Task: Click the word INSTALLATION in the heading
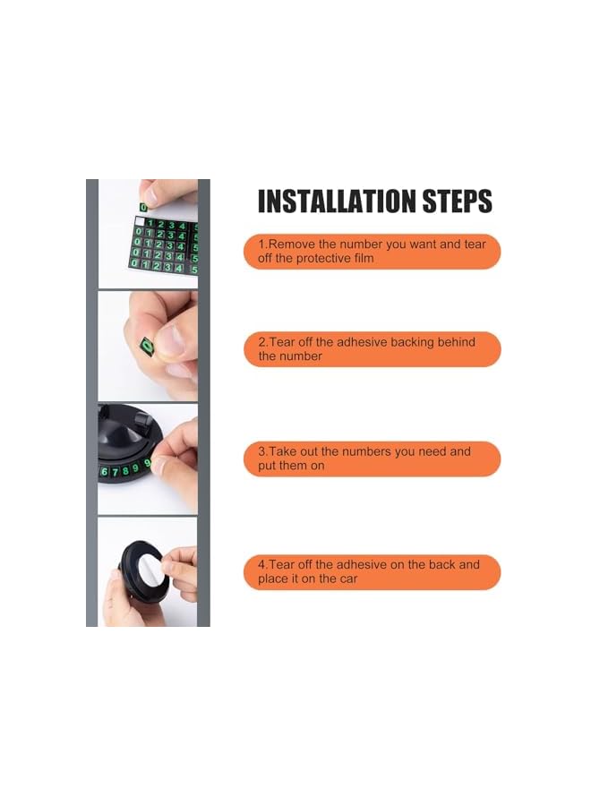click(337, 201)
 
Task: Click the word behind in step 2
click(457, 342)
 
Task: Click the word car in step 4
click(348, 579)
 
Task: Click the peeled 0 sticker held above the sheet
click(143, 207)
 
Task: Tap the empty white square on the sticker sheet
click(140, 221)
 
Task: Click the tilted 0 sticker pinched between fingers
click(148, 346)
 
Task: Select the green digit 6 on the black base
click(105, 472)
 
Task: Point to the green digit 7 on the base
click(115, 471)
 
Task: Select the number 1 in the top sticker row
click(150, 224)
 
